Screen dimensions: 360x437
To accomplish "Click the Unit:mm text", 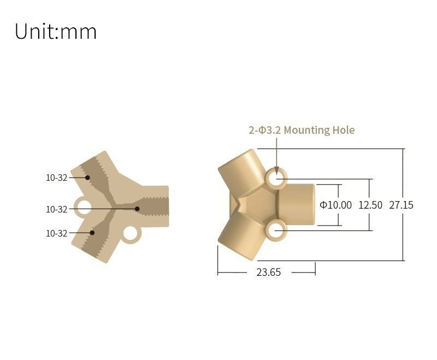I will (55, 31).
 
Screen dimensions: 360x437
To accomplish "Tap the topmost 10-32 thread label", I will (56, 178).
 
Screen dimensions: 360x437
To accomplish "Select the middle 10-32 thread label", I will (56, 209).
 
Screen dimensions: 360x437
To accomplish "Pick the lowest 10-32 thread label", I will (56, 233).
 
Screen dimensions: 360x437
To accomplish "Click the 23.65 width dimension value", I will (268, 272).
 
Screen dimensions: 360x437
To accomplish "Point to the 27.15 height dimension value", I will (401, 205).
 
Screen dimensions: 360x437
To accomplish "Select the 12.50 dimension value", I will (370, 205).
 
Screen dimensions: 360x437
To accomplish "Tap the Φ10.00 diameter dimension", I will (335, 205).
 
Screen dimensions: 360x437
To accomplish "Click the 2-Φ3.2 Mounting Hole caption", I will (302, 130).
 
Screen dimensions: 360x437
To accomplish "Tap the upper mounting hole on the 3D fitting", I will (277, 179).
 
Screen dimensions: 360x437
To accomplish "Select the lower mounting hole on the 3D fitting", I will (277, 231).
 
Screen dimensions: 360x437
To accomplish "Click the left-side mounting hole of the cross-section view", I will (84, 207).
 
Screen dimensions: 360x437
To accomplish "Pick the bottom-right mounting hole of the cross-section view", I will (131, 234).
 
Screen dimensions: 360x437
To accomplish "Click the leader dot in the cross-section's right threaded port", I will (138, 209).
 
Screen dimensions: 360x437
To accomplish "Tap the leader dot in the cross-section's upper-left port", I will (87, 178).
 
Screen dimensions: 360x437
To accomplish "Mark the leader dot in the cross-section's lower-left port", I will (92, 233).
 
